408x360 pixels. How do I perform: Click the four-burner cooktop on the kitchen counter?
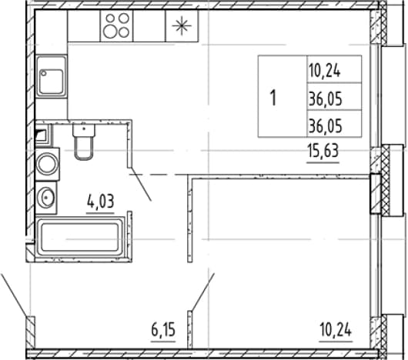(116, 25)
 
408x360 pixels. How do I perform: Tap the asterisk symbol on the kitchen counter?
(182, 25)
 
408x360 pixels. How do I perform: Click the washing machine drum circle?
(47, 164)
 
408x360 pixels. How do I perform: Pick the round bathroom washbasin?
(46, 198)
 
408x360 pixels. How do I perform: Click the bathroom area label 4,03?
(100, 202)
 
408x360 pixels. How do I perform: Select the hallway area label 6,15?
(163, 330)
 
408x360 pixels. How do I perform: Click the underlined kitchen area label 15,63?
(323, 151)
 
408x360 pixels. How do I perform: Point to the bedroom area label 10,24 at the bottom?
(336, 330)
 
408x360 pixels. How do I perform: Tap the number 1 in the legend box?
(273, 98)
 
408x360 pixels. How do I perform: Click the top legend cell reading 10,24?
(324, 71)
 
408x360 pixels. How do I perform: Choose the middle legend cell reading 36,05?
(326, 99)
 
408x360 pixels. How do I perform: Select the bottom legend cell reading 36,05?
(326, 127)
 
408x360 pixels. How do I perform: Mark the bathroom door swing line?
(141, 185)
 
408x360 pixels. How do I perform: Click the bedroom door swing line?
(203, 292)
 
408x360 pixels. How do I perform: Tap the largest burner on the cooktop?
(109, 32)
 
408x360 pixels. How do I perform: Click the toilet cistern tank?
(84, 130)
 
